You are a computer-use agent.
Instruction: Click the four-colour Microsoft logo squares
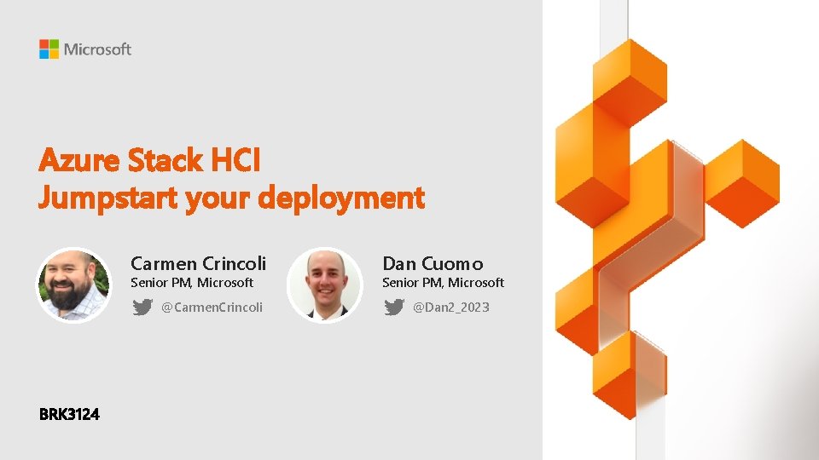coord(49,49)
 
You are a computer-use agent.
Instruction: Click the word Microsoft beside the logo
coord(97,49)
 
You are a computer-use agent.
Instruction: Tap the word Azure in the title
coord(80,159)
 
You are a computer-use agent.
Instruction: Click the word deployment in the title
coord(340,198)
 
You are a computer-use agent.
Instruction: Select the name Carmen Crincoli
coord(198,263)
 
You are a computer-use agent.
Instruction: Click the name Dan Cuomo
coord(433,263)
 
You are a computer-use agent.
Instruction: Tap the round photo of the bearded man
coord(73,285)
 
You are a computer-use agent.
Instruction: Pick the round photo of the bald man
coord(324,285)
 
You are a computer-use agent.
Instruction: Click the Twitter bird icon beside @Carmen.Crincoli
coord(142,307)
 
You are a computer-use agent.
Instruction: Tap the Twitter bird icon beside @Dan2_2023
coord(394,307)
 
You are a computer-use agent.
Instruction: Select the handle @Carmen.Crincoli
coord(212,307)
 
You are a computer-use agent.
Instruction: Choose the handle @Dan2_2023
coord(451,307)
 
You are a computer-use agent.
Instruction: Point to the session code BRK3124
coord(69,415)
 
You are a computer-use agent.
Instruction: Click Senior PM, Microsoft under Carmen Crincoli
coord(192,283)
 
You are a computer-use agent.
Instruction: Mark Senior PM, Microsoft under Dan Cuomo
coord(443,283)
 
